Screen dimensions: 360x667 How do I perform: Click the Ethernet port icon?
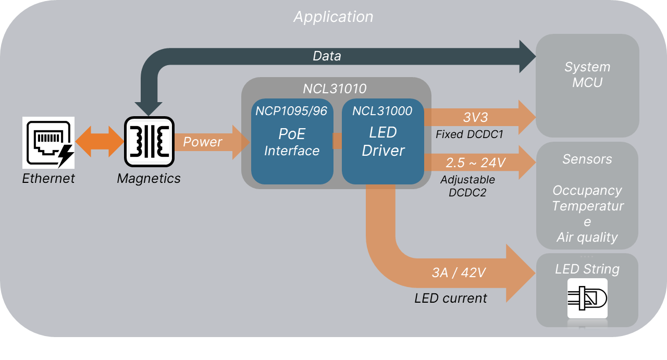[x=48, y=142]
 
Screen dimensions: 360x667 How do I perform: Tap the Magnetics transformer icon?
[x=149, y=141]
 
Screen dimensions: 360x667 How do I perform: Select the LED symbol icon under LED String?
[x=587, y=298]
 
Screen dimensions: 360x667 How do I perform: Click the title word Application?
[x=333, y=17]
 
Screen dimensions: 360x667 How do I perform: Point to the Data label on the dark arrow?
[x=327, y=56]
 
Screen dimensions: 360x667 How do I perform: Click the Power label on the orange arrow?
[x=202, y=142]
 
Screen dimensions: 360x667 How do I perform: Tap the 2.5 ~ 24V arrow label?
[x=475, y=163]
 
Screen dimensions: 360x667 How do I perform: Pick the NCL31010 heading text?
[x=335, y=88]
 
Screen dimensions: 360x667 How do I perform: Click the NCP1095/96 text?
[x=291, y=111]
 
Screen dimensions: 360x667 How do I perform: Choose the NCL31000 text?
[x=382, y=111]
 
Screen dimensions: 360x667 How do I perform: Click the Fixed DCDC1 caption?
[x=470, y=134]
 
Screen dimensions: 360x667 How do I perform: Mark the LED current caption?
[x=451, y=298]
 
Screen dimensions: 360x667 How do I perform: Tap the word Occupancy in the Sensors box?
[x=587, y=190]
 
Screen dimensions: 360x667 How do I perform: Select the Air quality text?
[x=587, y=238]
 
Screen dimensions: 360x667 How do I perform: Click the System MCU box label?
[x=587, y=75]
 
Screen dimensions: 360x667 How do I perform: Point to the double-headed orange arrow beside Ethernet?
[x=100, y=142]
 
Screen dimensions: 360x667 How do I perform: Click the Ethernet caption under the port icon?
[x=48, y=178]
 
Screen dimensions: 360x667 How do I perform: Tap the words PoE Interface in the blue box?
[x=292, y=142]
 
